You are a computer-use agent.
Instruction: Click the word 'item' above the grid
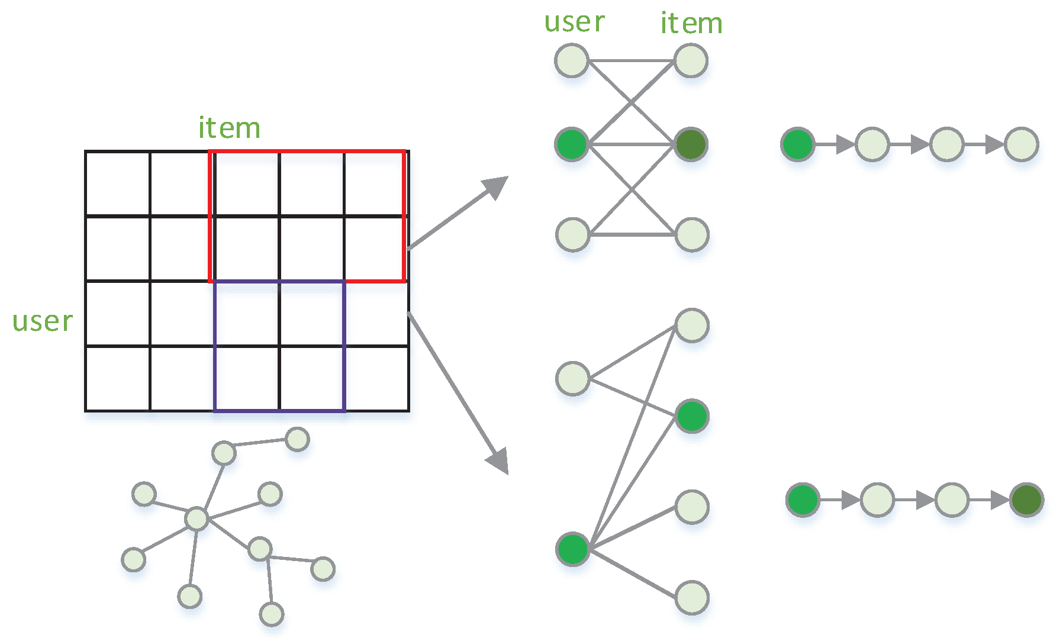pos(229,128)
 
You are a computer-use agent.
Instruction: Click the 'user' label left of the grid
pos(43,321)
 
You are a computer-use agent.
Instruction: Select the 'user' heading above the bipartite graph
pos(574,22)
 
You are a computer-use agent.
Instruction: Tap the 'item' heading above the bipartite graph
pos(691,24)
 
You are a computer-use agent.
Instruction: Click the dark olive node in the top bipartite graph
pos(691,144)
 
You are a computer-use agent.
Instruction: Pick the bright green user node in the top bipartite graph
pos(572,144)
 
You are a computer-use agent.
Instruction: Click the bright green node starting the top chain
pos(797,144)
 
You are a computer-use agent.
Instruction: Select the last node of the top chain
pos(1022,144)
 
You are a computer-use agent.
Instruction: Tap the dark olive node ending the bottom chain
pos(1026,500)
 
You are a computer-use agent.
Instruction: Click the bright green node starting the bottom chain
pos(803,500)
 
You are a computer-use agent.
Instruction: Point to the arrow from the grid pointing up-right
pos(459,212)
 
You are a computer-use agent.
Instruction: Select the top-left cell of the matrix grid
pos(117,183)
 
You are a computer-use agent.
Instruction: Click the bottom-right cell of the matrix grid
pos(376,379)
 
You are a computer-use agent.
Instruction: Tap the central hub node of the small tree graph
pos(197,518)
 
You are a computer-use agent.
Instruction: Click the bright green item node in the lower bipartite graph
pos(692,416)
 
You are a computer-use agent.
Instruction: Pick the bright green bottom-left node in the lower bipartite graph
pos(573,549)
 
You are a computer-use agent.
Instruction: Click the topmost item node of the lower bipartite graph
pos(692,326)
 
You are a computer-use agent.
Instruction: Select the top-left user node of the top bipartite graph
pos(572,60)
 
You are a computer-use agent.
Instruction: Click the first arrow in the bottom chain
pos(840,500)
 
